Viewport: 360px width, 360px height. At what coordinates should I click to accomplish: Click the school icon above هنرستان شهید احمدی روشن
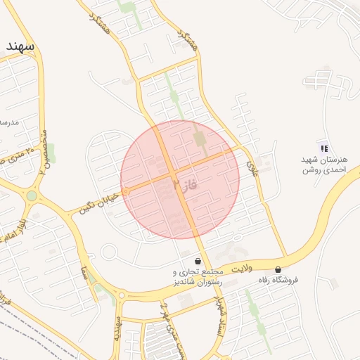323,148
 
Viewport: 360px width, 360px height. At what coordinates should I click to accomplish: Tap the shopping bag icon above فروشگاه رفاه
278,269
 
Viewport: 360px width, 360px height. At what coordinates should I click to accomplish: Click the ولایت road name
240,268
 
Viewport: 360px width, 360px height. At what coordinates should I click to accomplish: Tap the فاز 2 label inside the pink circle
181,184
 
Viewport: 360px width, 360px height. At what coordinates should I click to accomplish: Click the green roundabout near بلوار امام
32,195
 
